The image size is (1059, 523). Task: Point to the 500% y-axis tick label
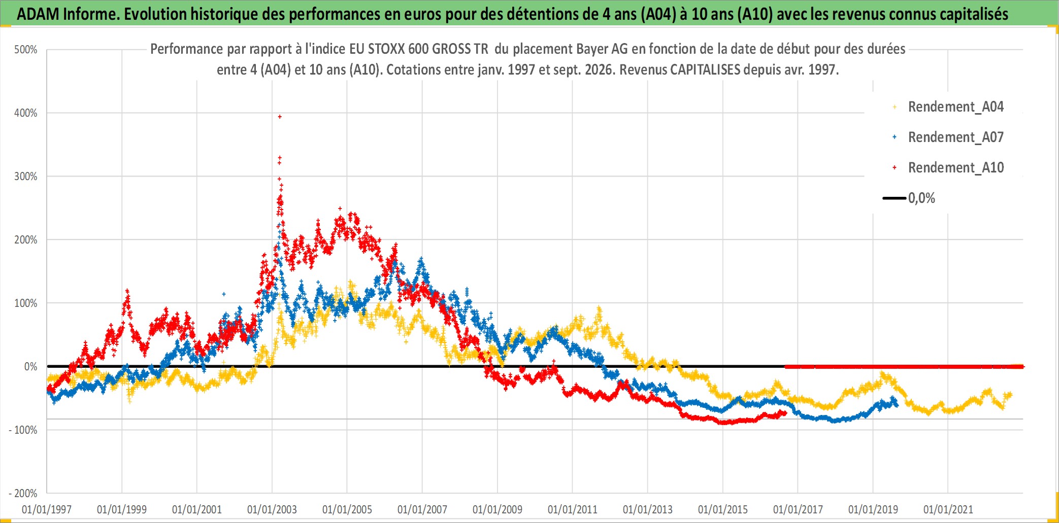coord(26,50)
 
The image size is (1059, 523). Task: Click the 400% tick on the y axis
coord(26,113)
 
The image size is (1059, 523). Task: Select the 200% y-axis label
coord(26,240)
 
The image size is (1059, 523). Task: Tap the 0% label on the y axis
coord(31,367)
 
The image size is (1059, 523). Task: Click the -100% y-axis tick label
coord(23,430)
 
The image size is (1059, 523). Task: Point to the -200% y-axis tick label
coord(23,494)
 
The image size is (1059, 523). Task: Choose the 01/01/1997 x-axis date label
coord(47,509)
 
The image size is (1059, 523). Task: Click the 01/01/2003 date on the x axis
coord(272,509)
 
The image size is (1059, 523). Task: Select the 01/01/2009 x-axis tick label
coord(498,509)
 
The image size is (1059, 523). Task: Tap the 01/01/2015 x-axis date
coord(723,509)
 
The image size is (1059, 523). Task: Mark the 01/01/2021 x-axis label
coord(948,509)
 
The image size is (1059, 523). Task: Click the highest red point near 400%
coord(280,117)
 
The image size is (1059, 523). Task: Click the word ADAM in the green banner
coord(38,14)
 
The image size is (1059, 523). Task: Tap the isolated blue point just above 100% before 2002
coord(224,294)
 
